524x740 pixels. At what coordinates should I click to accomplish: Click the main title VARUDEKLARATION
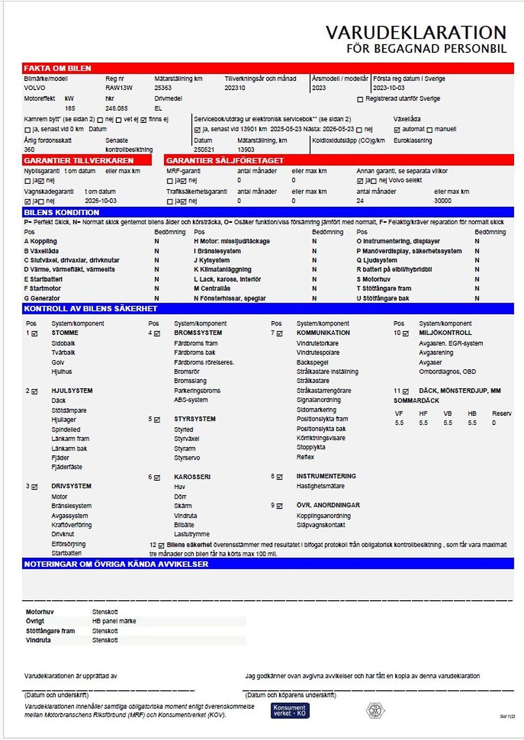point(416,32)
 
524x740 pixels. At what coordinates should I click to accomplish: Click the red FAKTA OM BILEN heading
point(57,68)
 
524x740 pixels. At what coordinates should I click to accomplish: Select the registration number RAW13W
point(119,88)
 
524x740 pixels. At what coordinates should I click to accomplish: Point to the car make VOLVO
point(34,88)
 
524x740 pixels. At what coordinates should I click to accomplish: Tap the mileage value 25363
point(163,88)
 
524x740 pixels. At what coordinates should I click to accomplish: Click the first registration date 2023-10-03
point(388,88)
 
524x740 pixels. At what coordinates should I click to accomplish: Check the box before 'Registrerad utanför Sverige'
point(360,99)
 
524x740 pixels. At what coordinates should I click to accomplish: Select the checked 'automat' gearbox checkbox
point(397,130)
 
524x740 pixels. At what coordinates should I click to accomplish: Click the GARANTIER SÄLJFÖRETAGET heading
point(225,160)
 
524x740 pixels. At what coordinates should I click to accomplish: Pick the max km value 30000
point(443,201)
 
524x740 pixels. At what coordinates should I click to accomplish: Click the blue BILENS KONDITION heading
point(61,212)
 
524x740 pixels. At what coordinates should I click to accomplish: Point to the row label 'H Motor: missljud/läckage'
point(232,241)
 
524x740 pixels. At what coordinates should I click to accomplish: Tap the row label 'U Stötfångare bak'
point(383,298)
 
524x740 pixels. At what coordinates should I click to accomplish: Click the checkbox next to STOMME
point(35,333)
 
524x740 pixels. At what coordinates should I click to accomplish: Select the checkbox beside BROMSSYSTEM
point(157,333)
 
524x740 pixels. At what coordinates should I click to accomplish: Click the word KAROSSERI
point(192,477)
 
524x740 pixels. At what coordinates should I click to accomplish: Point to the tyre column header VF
point(399,414)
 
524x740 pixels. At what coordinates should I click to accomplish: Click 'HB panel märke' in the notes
point(114,621)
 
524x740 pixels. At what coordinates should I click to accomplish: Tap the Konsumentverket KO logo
point(290,710)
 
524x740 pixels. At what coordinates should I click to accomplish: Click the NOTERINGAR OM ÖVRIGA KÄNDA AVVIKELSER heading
point(116,564)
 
